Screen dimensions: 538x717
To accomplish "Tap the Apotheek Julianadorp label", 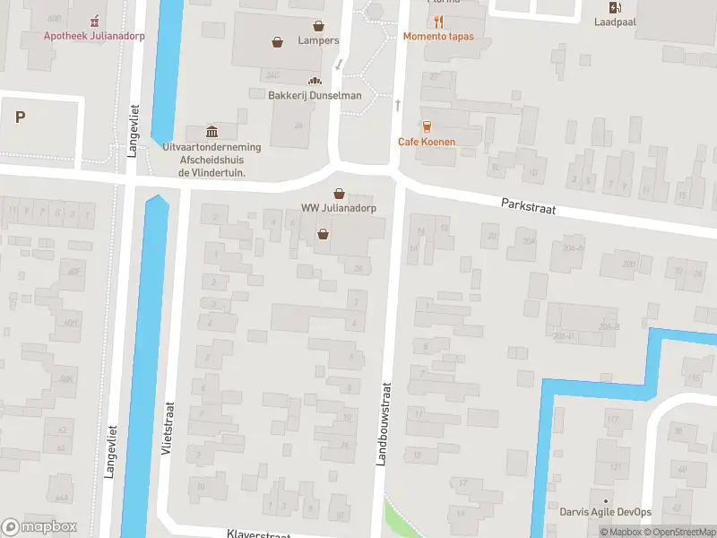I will click(x=96, y=36).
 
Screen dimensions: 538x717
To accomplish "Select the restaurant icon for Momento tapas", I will click(x=439, y=22).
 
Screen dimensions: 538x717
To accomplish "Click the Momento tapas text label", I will click(x=439, y=37).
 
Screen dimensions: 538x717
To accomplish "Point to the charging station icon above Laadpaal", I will click(x=614, y=8).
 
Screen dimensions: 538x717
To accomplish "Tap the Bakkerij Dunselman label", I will click(x=315, y=96).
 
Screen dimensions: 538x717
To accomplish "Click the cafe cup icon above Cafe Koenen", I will click(x=427, y=126).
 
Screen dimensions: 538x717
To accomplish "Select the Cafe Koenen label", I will click(x=427, y=142).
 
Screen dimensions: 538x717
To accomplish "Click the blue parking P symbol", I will click(x=20, y=117).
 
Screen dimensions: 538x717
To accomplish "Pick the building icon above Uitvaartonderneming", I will click(x=212, y=132).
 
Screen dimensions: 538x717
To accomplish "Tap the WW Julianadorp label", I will click(x=338, y=208).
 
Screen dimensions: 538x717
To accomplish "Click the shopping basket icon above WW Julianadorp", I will click(x=339, y=193).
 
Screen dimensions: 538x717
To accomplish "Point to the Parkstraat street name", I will click(x=529, y=207).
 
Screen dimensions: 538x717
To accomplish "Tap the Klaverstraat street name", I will click(x=261, y=533).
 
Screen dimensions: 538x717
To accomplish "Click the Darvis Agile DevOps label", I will click(x=606, y=512).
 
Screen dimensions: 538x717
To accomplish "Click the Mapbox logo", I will click(x=39, y=527).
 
